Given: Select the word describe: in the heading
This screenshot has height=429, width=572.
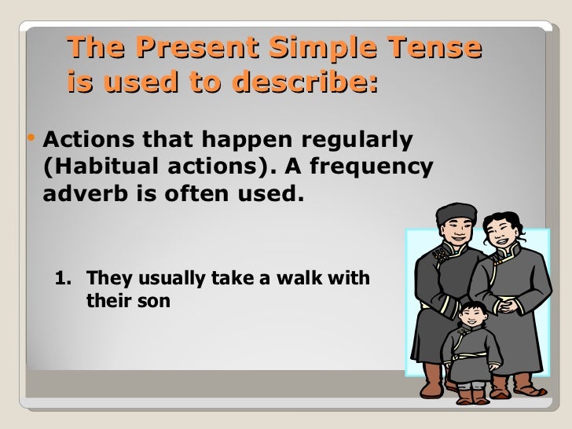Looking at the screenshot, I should point(308,82).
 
